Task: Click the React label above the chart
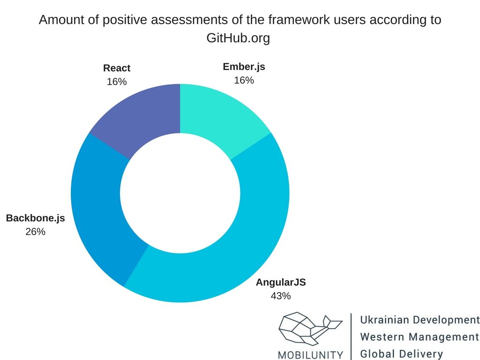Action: tap(117, 68)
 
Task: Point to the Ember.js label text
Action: tap(244, 67)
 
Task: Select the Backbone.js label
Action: tap(36, 218)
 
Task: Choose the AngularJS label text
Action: tap(281, 282)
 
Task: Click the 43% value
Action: tap(281, 296)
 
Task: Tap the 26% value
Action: tap(36, 232)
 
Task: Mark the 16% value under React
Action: tap(117, 82)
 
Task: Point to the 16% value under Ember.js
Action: tap(244, 80)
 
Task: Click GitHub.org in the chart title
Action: tap(238, 38)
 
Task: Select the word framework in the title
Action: tap(299, 20)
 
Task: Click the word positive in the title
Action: tap(125, 20)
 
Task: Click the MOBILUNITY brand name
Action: tap(311, 355)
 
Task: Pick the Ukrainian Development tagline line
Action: tap(420, 320)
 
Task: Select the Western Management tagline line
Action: tap(420, 337)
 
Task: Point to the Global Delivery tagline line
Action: tap(402, 354)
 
